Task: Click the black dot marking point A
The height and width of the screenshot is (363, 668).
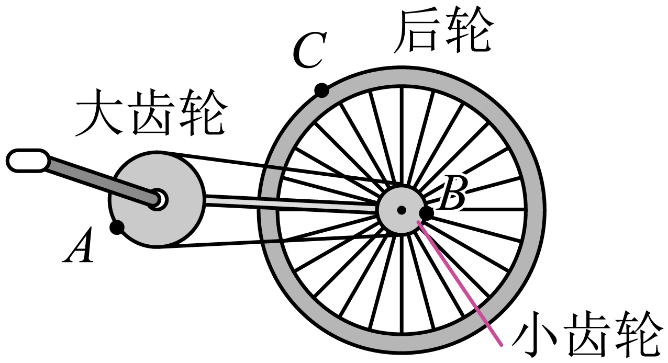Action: pos(117,227)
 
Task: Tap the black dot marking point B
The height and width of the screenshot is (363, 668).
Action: pos(427,213)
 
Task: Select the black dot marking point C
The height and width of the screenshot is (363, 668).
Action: pos(321,90)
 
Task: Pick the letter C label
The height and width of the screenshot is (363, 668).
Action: pos(309,51)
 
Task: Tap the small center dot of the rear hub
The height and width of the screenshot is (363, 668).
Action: pos(401,210)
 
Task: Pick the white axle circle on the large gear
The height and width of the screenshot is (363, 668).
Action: pos(159,199)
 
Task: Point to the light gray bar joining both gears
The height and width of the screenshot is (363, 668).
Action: pos(288,203)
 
